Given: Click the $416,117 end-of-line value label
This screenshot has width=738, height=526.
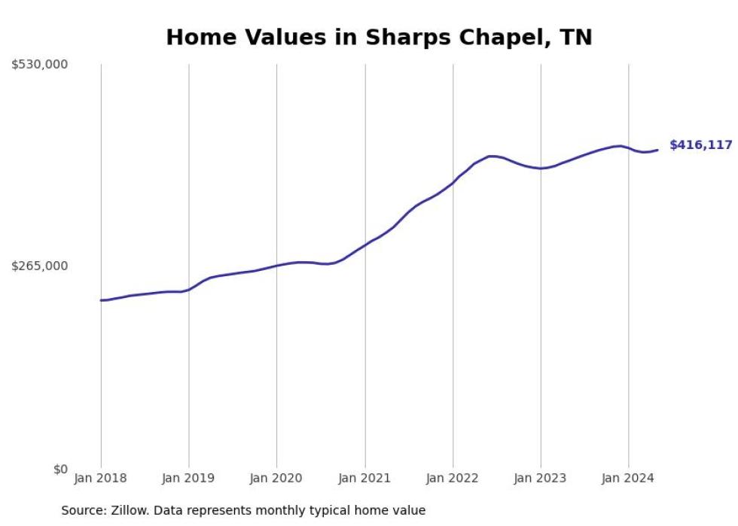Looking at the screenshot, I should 700,145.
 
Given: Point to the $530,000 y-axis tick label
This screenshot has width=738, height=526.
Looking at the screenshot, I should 39,65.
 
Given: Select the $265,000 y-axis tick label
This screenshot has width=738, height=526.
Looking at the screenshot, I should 39,266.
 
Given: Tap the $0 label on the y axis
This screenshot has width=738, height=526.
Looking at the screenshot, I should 60,469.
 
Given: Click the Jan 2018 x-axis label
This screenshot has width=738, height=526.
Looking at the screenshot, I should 101,478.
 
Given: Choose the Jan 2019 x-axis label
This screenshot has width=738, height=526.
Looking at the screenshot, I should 189,478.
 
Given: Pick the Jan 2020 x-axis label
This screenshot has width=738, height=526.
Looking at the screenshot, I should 276,478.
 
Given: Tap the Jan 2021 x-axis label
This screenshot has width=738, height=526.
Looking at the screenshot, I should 365,478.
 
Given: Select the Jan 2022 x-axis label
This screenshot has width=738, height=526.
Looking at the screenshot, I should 453,478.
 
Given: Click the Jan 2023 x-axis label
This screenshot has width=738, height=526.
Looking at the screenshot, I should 541,478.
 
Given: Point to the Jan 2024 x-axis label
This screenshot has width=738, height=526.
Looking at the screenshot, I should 629,478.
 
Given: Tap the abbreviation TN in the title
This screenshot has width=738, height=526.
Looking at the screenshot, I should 576,38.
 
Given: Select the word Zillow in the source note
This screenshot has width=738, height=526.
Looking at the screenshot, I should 130,510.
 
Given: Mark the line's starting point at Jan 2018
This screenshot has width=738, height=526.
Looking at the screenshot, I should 101,300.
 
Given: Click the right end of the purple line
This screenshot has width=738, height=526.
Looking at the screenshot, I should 657,150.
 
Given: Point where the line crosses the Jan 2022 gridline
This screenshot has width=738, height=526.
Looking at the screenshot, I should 453,183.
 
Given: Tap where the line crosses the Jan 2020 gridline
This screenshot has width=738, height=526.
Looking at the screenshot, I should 276,266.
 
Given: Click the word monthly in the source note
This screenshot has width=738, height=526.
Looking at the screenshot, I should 281,510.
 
